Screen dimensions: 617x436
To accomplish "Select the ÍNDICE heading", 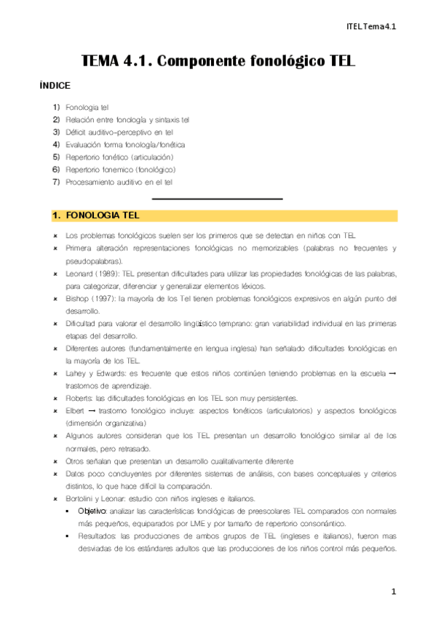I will coord(55,85).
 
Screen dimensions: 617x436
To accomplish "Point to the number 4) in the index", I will coord(56,144).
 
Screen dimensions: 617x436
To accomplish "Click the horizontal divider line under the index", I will coord(217,199).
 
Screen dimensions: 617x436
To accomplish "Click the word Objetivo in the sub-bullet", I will coord(92,511).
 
